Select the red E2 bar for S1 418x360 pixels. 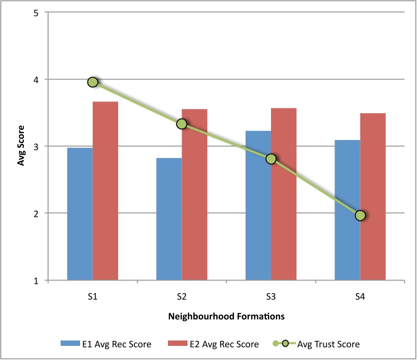105,191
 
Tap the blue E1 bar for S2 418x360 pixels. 169,219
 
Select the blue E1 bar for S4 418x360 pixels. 347,210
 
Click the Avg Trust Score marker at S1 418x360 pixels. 93,82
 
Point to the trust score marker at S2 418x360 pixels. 182,124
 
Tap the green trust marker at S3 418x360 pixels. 271,159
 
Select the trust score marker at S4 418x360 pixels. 360,216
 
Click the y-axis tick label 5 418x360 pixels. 36,13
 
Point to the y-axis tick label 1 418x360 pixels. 36,280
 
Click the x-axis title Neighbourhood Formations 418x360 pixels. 226,316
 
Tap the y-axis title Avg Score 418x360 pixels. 21,147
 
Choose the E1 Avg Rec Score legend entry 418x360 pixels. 105,344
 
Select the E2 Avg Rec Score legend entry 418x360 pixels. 213,344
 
